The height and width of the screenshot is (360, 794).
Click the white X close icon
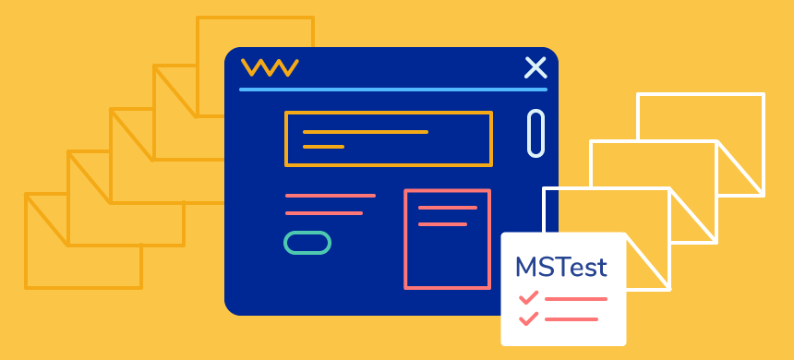(x=535, y=67)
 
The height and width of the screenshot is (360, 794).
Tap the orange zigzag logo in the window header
(x=269, y=67)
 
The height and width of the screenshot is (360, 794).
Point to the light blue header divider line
(x=392, y=90)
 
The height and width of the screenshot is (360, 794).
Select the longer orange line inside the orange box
(x=366, y=132)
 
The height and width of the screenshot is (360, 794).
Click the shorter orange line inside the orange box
(x=324, y=147)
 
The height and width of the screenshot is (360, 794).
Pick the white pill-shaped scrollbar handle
(x=535, y=133)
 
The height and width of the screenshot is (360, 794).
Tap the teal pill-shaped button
(x=307, y=243)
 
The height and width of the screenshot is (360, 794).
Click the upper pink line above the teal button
(x=331, y=196)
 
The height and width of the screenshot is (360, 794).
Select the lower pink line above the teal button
(x=324, y=213)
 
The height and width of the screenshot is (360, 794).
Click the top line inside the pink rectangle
(x=448, y=208)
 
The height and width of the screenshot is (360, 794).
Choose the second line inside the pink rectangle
(x=443, y=223)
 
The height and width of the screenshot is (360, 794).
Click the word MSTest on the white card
(x=561, y=268)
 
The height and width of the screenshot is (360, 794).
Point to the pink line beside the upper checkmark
(x=576, y=299)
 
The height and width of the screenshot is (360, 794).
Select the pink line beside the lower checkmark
(x=571, y=319)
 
